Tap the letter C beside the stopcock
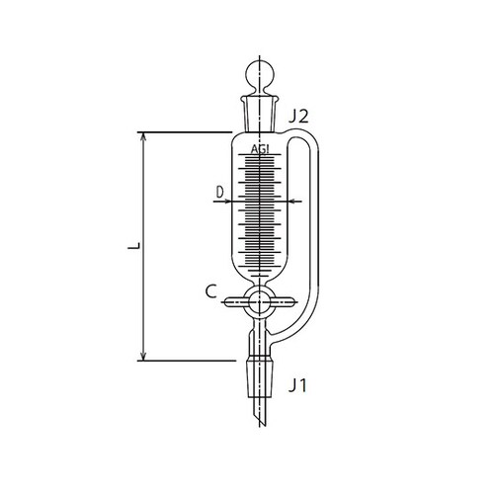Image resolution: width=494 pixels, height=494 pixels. [210, 292]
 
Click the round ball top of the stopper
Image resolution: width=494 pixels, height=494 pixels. [261, 77]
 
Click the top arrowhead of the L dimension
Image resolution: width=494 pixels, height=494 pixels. [145, 136]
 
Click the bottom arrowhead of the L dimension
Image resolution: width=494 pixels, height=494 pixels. [145, 355]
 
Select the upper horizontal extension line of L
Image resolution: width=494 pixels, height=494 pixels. [188, 131]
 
